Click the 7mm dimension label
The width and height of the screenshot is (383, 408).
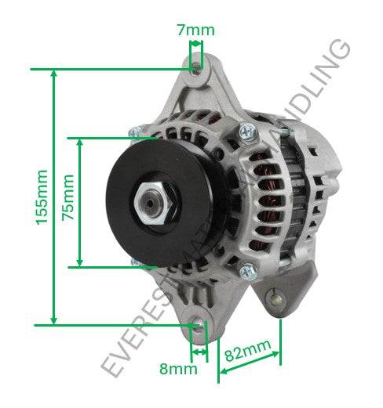195,30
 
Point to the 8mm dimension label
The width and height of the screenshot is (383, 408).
178,367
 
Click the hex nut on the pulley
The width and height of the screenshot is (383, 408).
151,206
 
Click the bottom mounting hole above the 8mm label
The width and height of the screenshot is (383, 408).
197,324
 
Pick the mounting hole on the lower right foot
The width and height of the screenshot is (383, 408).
275,298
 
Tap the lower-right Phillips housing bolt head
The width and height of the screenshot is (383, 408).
246,272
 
